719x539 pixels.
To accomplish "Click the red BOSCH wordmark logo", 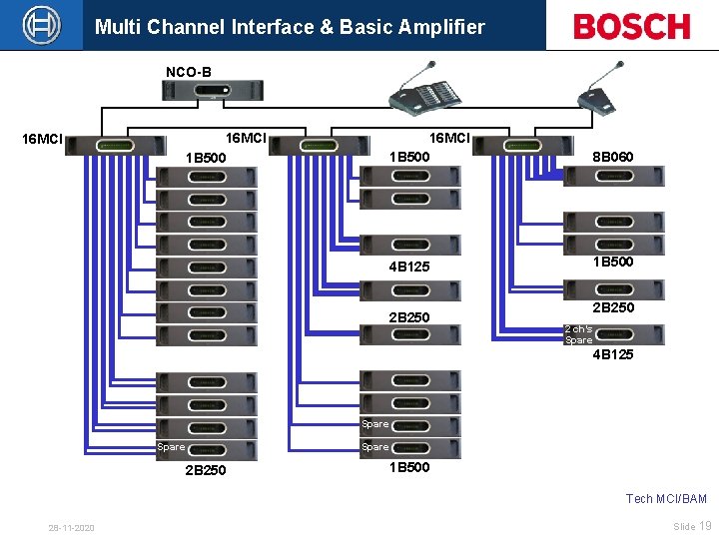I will (x=631, y=26).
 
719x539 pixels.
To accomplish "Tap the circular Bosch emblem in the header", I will (x=42, y=25).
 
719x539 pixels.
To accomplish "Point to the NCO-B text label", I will (x=188, y=72).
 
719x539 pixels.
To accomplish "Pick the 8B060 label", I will (x=612, y=157).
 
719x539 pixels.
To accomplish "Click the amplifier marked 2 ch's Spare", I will (x=613, y=334).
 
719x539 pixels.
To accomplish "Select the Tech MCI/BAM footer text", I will (x=666, y=498).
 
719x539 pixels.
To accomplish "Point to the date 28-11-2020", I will (x=71, y=527).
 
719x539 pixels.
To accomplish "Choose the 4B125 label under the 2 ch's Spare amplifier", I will (x=612, y=354).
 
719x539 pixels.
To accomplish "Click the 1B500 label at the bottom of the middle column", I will (x=409, y=467).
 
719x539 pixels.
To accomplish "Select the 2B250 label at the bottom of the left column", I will (x=205, y=470).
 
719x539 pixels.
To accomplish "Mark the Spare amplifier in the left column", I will (x=206, y=449).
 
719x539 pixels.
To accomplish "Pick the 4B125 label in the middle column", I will (x=409, y=267).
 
